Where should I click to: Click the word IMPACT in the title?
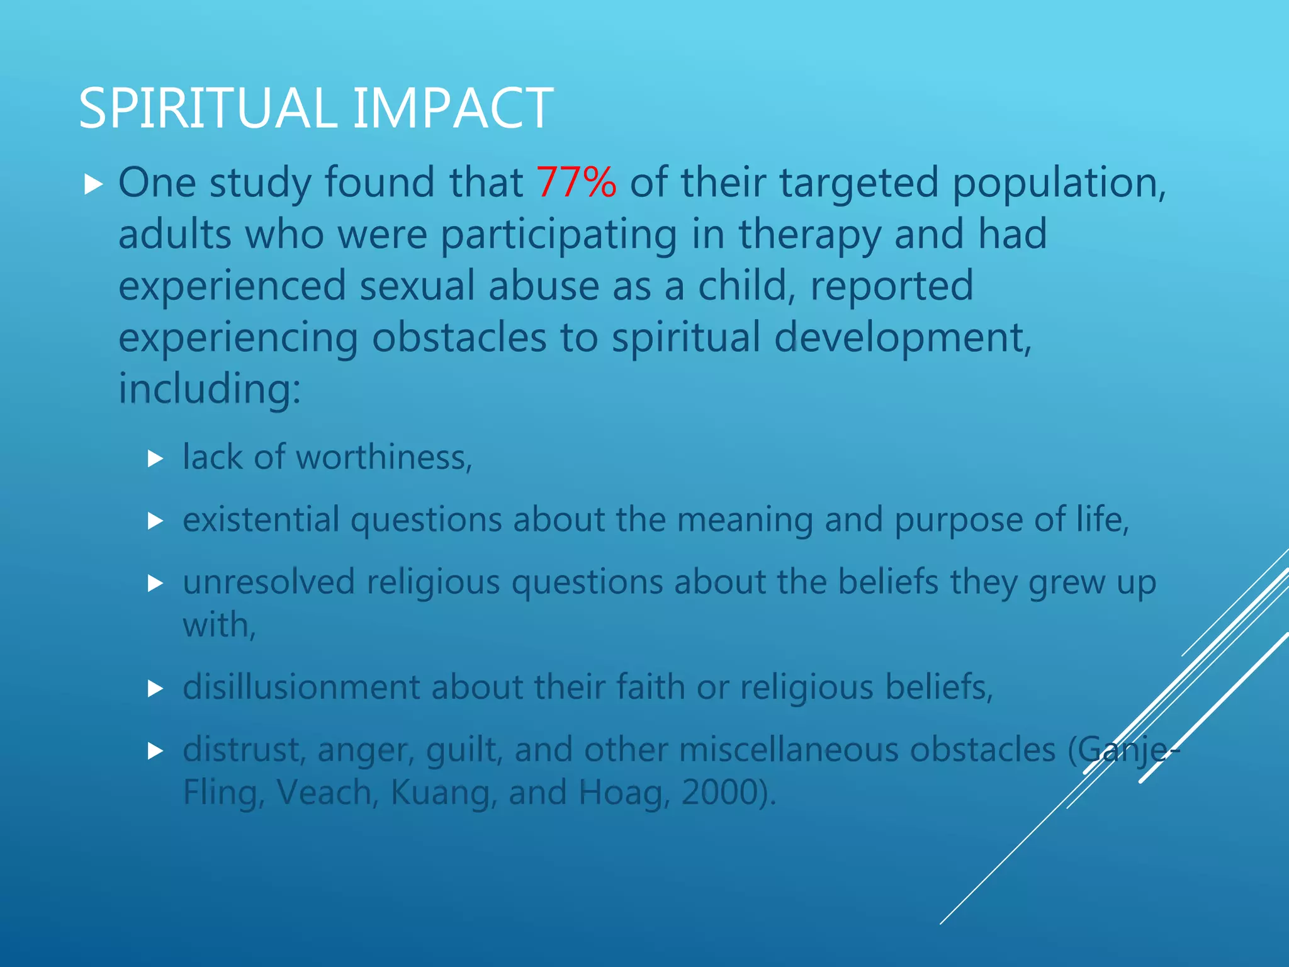pyautogui.click(x=453, y=108)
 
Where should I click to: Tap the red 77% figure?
pyautogui.click(x=576, y=183)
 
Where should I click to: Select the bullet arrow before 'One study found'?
pyautogui.click(x=93, y=184)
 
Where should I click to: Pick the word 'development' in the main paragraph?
pyautogui.click(x=903, y=337)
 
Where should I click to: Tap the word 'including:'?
pyautogui.click(x=210, y=388)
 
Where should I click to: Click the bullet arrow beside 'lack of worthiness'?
pyautogui.click(x=155, y=458)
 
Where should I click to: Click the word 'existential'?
pyautogui.click(x=261, y=519)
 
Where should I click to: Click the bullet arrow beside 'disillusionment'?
pyautogui.click(x=155, y=689)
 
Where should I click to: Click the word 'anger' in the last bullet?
pyautogui.click(x=366, y=750)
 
